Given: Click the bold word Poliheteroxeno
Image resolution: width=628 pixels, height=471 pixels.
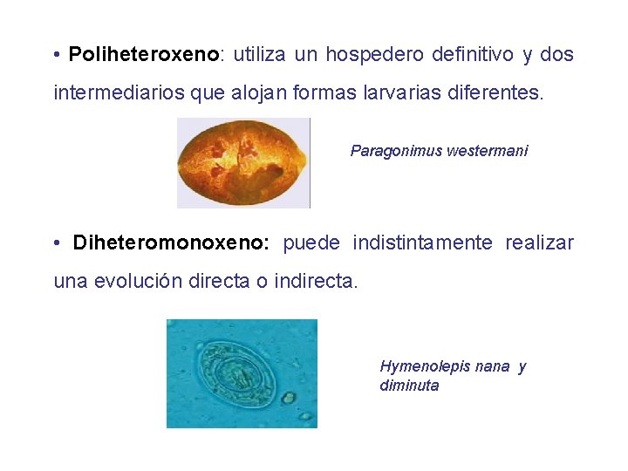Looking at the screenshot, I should coord(144,55).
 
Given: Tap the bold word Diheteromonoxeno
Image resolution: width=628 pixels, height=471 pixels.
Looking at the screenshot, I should coord(170,242).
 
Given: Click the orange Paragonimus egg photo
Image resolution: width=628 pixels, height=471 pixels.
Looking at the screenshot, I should coord(243,163).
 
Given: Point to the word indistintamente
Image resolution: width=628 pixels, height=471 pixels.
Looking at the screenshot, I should coord(422,242).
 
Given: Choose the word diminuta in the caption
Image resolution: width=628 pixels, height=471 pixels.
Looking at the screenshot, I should coord(409,386).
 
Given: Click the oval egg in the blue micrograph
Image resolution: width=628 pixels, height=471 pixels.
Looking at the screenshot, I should coord(237,375).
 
